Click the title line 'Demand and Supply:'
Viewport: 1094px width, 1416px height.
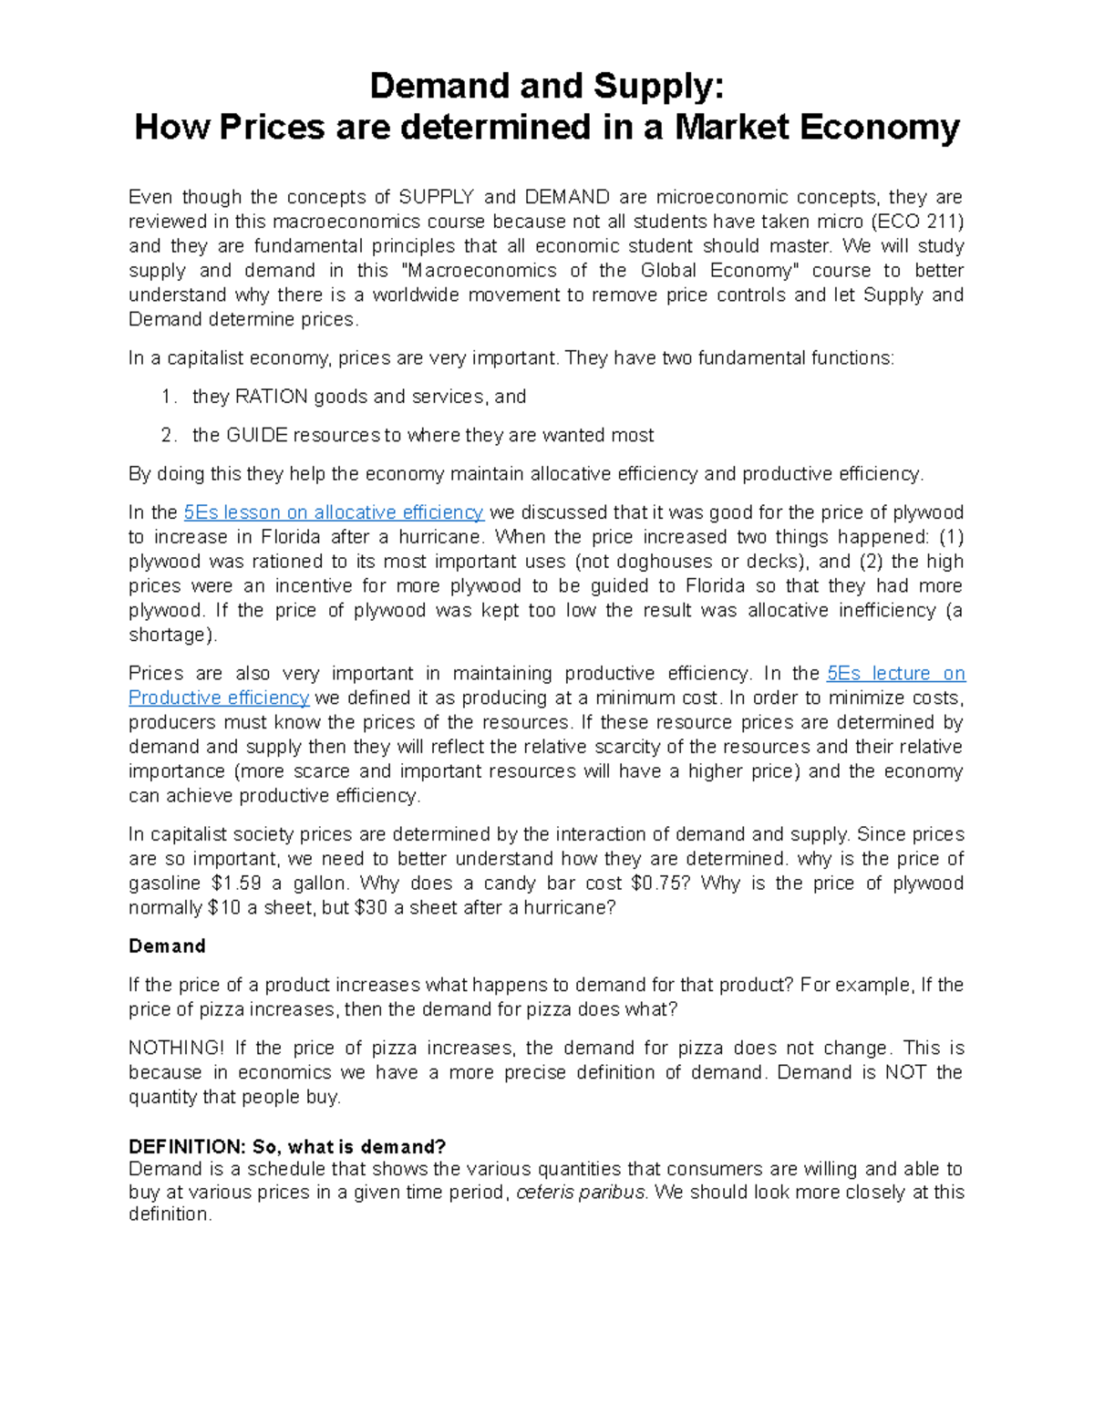[x=546, y=86]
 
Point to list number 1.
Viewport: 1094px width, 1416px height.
[x=166, y=397]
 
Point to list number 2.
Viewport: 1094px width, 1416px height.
[x=166, y=435]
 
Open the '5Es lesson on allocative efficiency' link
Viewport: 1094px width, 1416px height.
[x=333, y=512]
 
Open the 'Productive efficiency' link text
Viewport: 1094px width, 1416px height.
[x=219, y=698]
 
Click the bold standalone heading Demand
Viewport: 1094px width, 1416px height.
[x=167, y=946]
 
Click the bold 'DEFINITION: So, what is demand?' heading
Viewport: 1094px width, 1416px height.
[x=287, y=1146]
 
